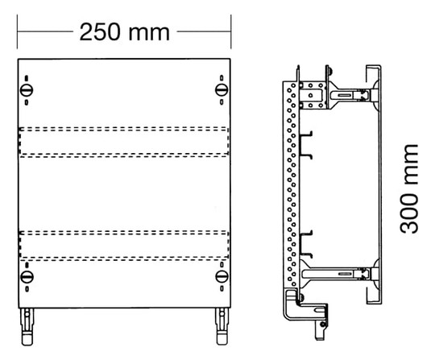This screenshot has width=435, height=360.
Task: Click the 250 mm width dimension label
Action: coord(125,32)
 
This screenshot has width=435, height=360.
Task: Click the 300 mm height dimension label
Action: coord(408,189)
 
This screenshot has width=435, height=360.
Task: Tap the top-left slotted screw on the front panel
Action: coord(27,90)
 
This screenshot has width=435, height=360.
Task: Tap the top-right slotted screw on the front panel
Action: coord(222,90)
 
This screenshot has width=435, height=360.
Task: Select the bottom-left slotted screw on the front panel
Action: coord(27,276)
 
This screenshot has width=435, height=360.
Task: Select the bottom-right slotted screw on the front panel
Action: coord(222,276)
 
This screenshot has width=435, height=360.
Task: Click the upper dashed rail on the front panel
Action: coord(124,142)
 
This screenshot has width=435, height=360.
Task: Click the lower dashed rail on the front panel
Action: coord(124,246)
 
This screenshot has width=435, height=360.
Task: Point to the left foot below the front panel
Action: coord(27,326)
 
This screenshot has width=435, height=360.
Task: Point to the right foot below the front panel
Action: coord(222,326)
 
